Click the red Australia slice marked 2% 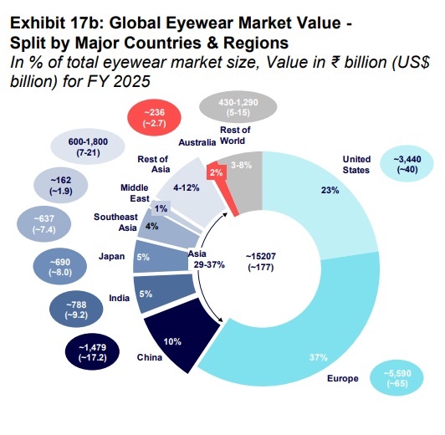[216, 171]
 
